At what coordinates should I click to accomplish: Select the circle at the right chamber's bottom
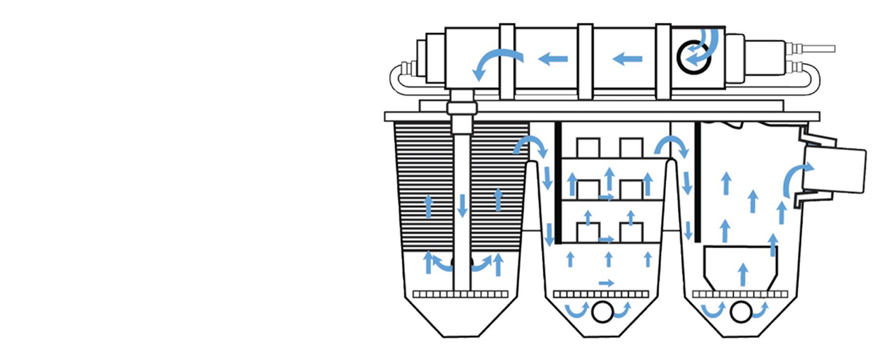tap(741, 311)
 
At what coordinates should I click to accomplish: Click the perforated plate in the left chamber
tap(461, 294)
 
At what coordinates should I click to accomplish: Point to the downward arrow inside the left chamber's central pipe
tap(462, 205)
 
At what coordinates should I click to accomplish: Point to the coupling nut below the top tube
tap(462, 108)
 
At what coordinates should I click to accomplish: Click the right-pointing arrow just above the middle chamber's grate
tap(606, 283)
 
